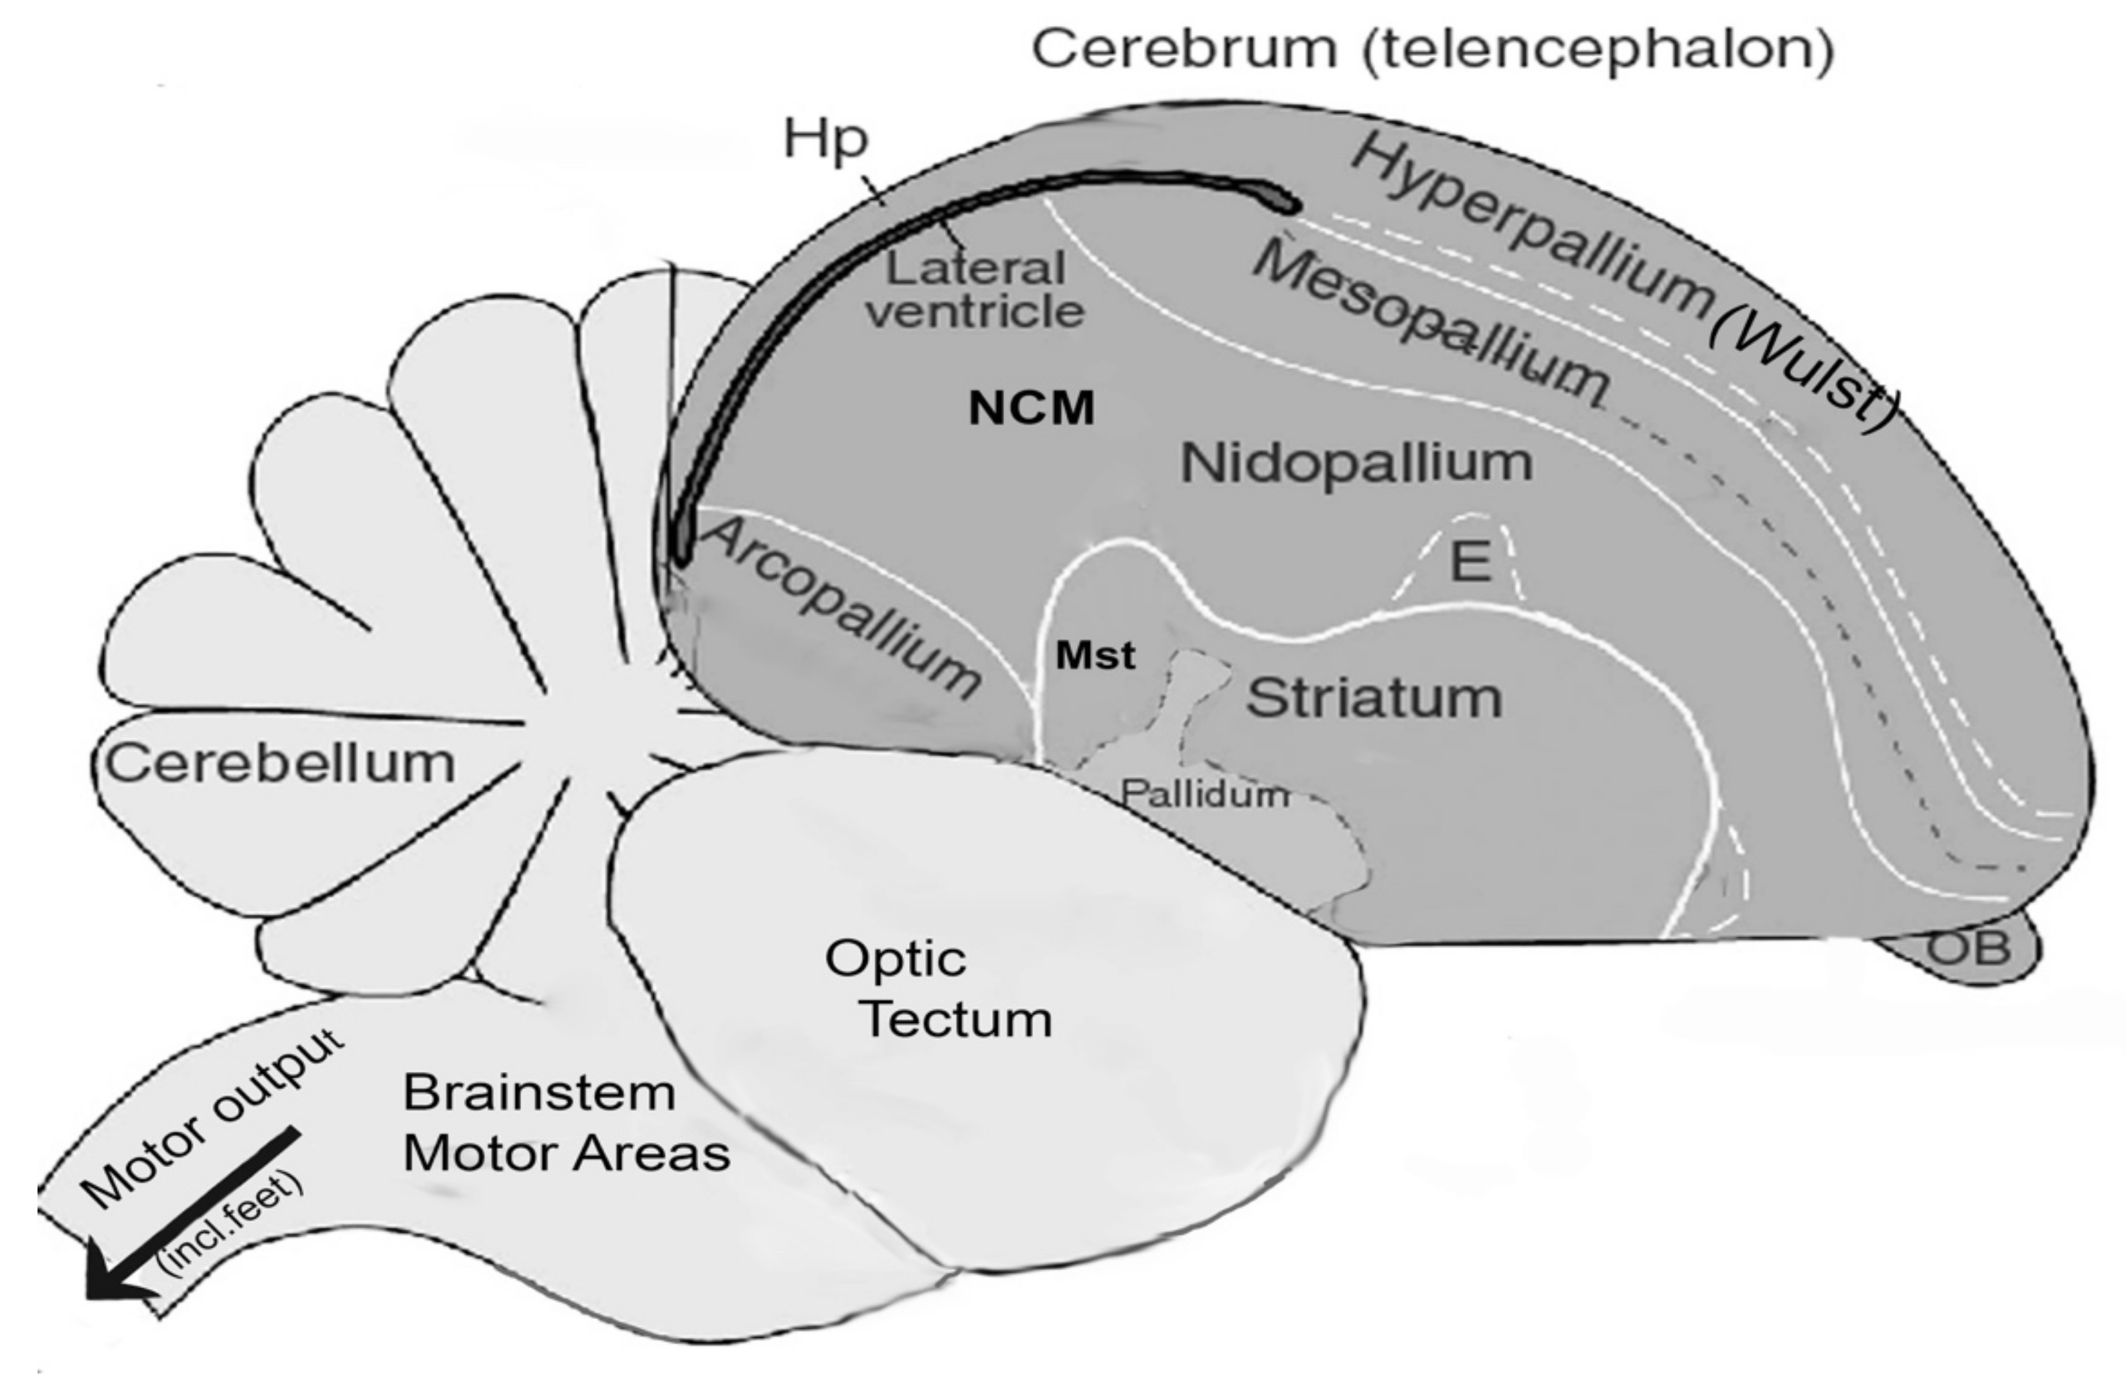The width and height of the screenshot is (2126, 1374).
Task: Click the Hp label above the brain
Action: click(x=825, y=140)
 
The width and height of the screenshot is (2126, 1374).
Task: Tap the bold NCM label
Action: click(x=1032, y=409)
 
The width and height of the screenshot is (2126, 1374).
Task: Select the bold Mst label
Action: click(x=1096, y=656)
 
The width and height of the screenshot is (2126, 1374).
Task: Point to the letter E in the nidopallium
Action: click(x=1470, y=561)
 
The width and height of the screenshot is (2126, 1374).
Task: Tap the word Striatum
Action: click(x=1374, y=697)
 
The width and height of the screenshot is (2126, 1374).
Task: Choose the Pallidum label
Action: click(x=1204, y=793)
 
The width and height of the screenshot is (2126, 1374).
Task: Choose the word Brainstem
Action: click(x=539, y=1093)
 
